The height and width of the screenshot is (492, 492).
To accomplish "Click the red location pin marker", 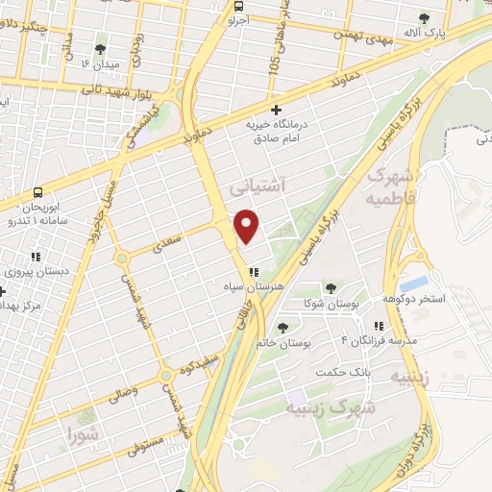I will point(248,226).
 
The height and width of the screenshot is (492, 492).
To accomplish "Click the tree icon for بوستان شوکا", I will point(332,287).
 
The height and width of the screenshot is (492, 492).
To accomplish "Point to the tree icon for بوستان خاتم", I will point(282,328).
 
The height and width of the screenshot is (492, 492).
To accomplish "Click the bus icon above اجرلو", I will point(238,6).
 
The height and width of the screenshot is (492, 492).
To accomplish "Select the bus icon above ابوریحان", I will point(37,192).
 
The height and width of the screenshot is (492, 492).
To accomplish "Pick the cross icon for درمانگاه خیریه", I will point(277,110).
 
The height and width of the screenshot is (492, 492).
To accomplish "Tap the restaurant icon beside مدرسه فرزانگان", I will point(380,327).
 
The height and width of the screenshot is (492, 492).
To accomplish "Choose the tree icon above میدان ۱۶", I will point(101,48).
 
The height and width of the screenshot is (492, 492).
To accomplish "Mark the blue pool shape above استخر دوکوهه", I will point(414,283).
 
